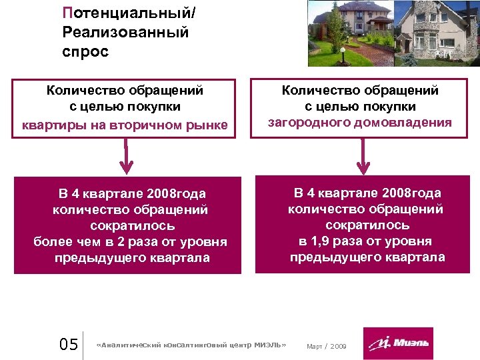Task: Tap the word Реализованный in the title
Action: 125,31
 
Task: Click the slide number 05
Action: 69,345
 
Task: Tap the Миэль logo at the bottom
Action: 398,343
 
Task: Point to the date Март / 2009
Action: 326,346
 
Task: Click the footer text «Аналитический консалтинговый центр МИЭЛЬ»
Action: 191,345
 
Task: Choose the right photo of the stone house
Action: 437,33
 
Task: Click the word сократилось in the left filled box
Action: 131,226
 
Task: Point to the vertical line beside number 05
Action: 83,345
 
